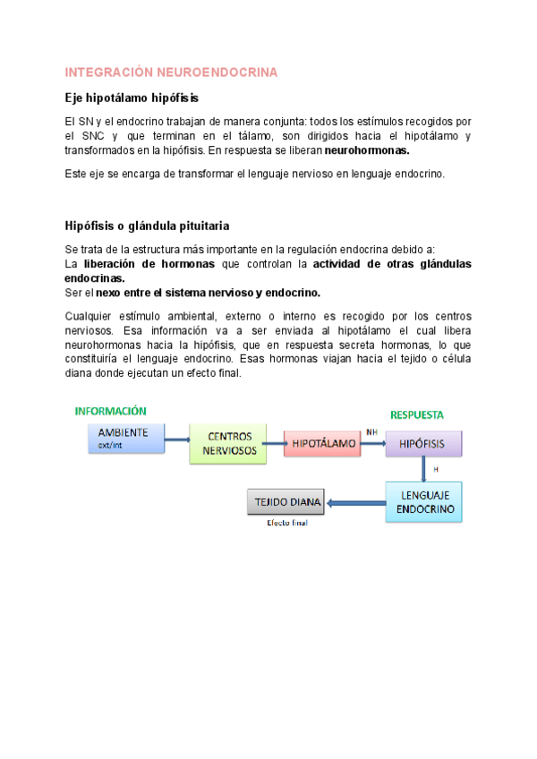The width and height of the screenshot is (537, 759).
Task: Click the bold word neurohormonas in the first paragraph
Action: (x=367, y=149)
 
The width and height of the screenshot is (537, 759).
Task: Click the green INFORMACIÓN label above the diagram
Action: (x=111, y=411)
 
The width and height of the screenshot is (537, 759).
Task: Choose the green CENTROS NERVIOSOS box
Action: (x=229, y=444)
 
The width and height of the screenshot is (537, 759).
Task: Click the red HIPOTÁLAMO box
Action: (x=320, y=443)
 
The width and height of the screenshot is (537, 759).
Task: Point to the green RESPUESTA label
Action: (x=417, y=414)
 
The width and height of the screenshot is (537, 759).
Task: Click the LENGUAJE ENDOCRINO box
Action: (x=425, y=501)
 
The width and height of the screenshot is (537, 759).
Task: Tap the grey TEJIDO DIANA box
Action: (x=286, y=502)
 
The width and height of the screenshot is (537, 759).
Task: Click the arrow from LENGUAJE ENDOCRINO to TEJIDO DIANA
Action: (x=356, y=502)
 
